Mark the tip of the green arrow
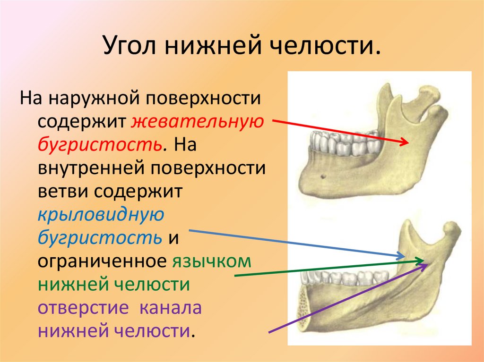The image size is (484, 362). [423, 260]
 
